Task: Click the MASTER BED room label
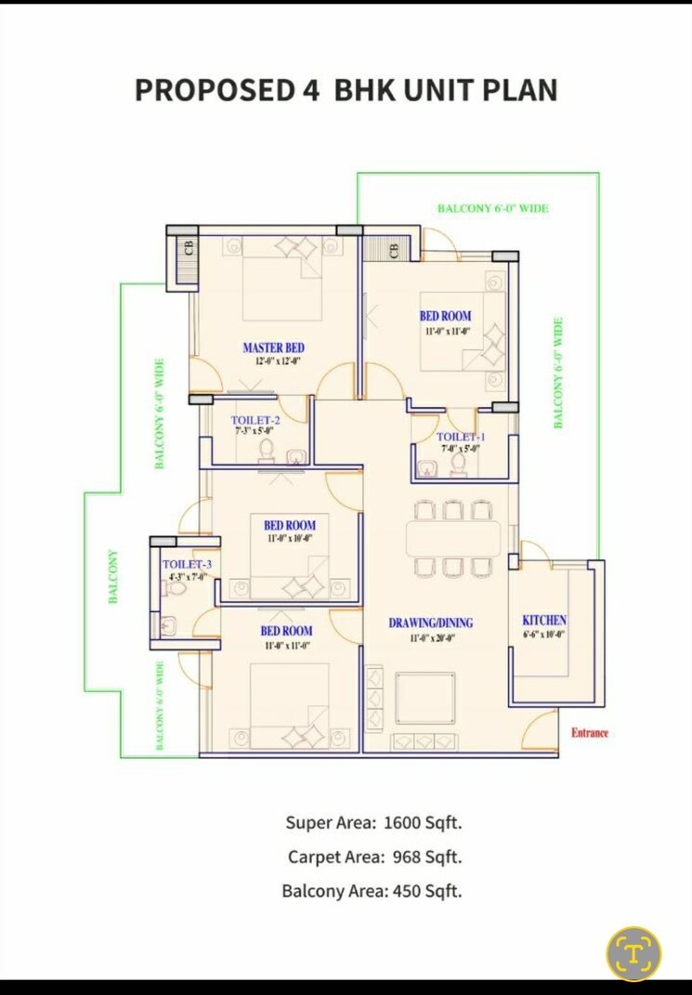tap(273, 347)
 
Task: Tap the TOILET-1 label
tap(461, 437)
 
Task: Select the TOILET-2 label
tap(255, 420)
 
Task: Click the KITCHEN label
tap(544, 621)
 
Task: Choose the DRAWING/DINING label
tap(430, 622)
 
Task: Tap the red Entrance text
tap(590, 733)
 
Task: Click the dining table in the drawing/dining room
tap(452, 538)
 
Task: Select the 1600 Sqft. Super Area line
tap(373, 822)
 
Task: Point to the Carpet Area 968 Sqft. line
tap(374, 857)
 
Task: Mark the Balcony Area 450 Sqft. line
tap(372, 891)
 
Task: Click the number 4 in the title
tap(311, 90)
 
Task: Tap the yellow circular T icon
tap(634, 953)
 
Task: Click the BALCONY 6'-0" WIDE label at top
tap(492, 209)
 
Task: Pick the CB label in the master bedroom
tap(189, 249)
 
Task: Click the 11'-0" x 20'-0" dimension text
tap(430, 638)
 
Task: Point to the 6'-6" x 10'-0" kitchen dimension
tap(544, 635)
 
